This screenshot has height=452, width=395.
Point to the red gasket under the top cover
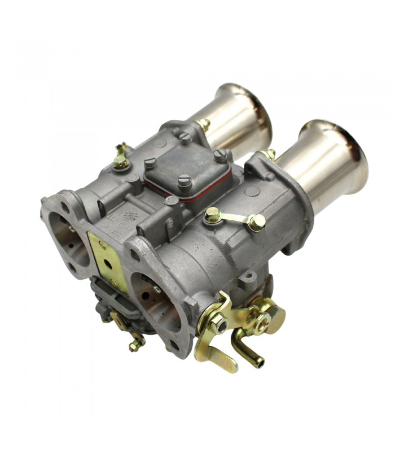pos(186,189)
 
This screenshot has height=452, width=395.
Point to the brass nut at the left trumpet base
pos(203,125)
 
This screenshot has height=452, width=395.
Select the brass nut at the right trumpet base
pos(269,154)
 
